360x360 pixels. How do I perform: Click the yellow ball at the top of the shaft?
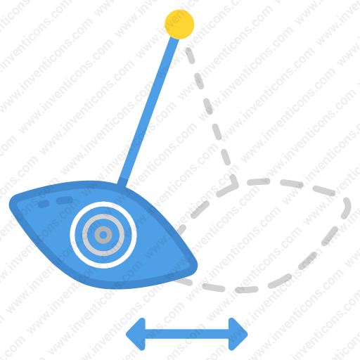pyautogui.click(x=179, y=25)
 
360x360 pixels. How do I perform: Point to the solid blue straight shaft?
pyautogui.click(x=148, y=110)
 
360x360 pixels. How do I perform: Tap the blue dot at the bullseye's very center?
pyautogui.click(x=103, y=235)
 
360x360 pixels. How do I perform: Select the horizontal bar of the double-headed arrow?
pyautogui.click(x=187, y=334)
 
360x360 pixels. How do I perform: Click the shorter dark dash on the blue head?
pyautogui.click(x=44, y=204)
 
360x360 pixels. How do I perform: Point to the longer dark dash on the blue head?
pyautogui.click(x=65, y=200)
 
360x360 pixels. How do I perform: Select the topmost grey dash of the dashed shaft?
pyautogui.click(x=190, y=56)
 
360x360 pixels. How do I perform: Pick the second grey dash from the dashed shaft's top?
pyautogui.click(x=199, y=81)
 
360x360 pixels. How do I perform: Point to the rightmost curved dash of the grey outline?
pyautogui.click(x=347, y=208)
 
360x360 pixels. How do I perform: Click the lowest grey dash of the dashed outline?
pyautogui.click(x=246, y=290)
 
